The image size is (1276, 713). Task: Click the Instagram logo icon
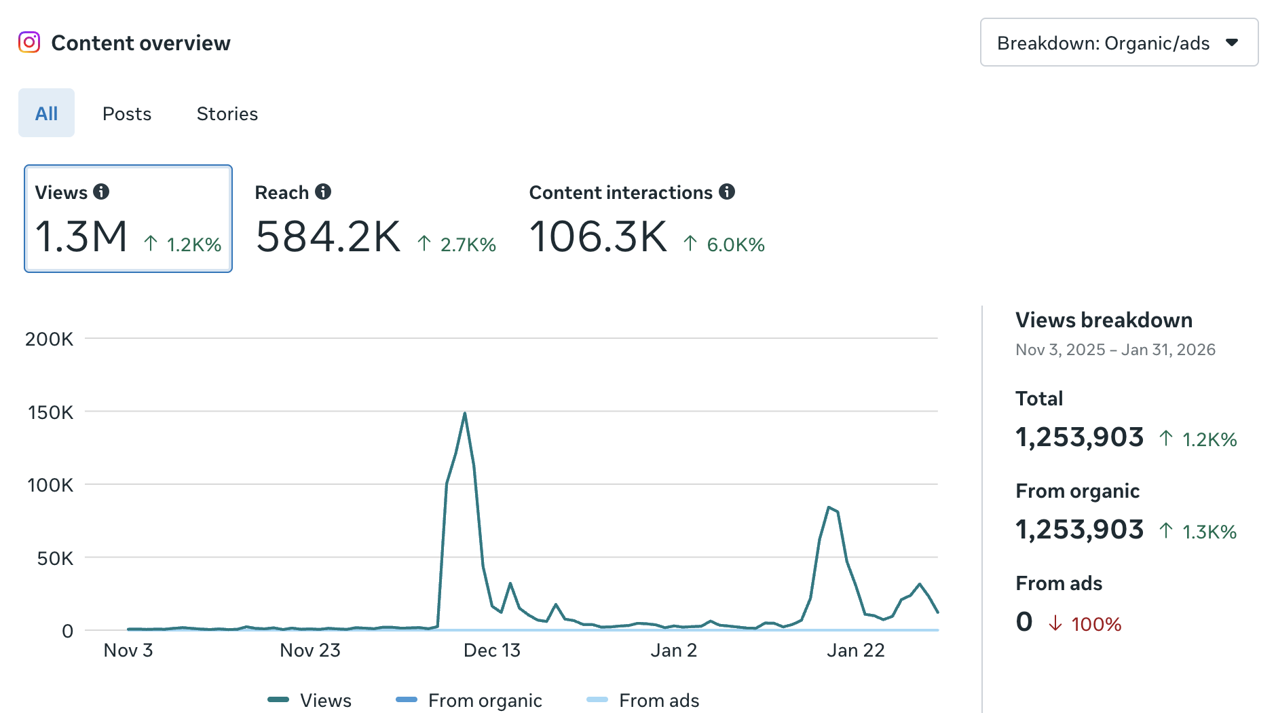(x=29, y=42)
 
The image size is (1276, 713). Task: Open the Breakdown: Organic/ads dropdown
(x=1119, y=43)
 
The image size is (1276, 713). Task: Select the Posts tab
(x=127, y=113)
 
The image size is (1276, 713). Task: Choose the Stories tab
(x=227, y=113)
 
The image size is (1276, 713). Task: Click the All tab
(x=46, y=113)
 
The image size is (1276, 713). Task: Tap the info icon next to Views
(x=101, y=191)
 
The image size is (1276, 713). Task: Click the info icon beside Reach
(x=323, y=191)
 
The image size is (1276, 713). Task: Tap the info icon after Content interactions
(x=727, y=191)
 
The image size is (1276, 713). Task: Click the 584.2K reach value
(x=329, y=237)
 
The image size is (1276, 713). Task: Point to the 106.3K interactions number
(x=598, y=237)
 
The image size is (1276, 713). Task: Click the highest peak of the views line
(x=465, y=413)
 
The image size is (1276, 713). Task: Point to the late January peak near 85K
(x=829, y=507)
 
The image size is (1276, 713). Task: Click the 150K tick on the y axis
(x=50, y=412)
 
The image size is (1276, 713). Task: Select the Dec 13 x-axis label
(x=491, y=651)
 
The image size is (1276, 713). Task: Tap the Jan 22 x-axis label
(x=855, y=651)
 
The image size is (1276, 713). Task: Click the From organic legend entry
(x=469, y=700)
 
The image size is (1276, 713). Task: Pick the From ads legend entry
(x=643, y=700)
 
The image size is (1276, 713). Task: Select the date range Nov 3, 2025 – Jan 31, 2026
(x=1115, y=350)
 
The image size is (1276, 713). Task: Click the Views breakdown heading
(x=1104, y=320)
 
